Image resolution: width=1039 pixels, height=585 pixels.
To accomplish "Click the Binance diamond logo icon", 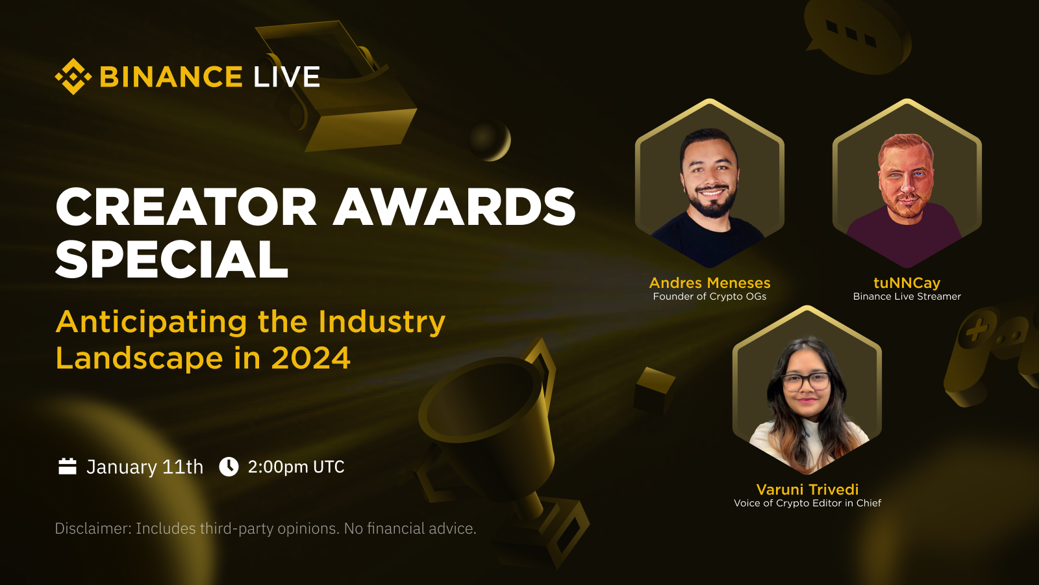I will pos(73,77).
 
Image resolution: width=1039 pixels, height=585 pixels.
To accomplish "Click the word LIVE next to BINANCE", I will pos(286,77).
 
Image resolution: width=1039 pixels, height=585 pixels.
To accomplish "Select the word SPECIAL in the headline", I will pos(172,259).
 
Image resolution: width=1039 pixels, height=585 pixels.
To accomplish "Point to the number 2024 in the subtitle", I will pos(311,358).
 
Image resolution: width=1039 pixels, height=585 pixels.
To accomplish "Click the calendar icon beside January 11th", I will pos(68,466).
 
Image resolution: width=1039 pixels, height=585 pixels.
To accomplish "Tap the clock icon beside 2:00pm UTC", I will pos(229,466).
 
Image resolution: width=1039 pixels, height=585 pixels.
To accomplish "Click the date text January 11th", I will pos(145,467).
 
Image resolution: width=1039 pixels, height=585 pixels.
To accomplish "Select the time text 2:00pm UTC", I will pos(296,467).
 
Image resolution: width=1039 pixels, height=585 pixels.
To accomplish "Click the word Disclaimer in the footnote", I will pos(92,528).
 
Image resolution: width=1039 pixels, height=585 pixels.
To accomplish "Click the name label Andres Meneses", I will pos(710,283).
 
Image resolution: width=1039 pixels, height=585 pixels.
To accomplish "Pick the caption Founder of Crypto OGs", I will pos(710,296).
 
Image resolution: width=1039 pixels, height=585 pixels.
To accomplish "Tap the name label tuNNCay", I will pos(907,283).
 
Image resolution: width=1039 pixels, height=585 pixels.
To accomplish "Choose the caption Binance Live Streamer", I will pos(907,296).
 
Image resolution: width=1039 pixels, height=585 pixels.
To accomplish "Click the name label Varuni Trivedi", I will pos(807,489).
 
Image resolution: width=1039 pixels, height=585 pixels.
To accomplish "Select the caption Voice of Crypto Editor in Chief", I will pos(807,503).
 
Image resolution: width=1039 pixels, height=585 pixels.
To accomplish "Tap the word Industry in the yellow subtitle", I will pos(382,322).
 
